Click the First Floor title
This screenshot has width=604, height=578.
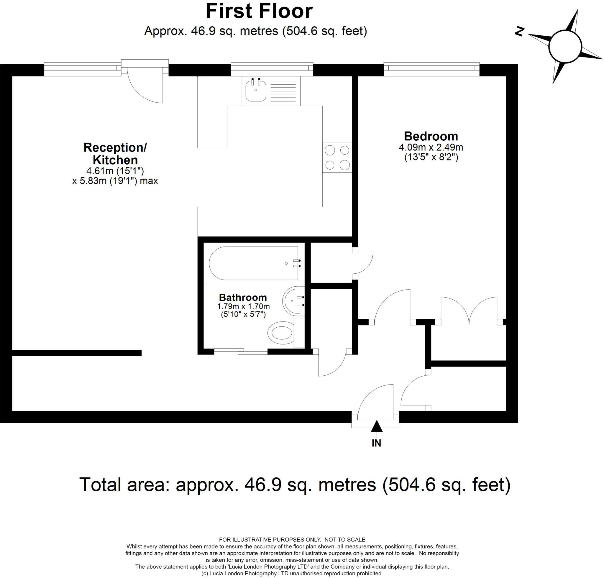click(x=259, y=12)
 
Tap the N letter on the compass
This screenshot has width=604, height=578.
click(x=520, y=32)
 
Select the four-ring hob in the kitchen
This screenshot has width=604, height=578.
click(x=337, y=158)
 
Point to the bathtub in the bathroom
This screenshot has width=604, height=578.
click(x=253, y=263)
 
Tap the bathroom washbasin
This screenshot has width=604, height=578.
click(x=292, y=301)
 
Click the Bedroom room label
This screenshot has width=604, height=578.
click(x=431, y=136)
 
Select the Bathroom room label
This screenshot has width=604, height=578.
click(x=243, y=298)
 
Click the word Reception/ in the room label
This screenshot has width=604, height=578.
click(x=115, y=147)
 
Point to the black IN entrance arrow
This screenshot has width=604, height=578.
click(x=376, y=427)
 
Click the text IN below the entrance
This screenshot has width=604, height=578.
click(x=376, y=443)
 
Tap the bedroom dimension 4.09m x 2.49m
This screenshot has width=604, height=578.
click(x=431, y=147)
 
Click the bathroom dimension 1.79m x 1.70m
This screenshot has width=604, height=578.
click(x=243, y=307)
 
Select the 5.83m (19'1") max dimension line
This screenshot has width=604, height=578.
click(x=115, y=181)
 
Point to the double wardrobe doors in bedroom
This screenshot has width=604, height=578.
click(x=469, y=311)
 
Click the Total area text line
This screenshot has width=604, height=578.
click(x=295, y=484)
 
